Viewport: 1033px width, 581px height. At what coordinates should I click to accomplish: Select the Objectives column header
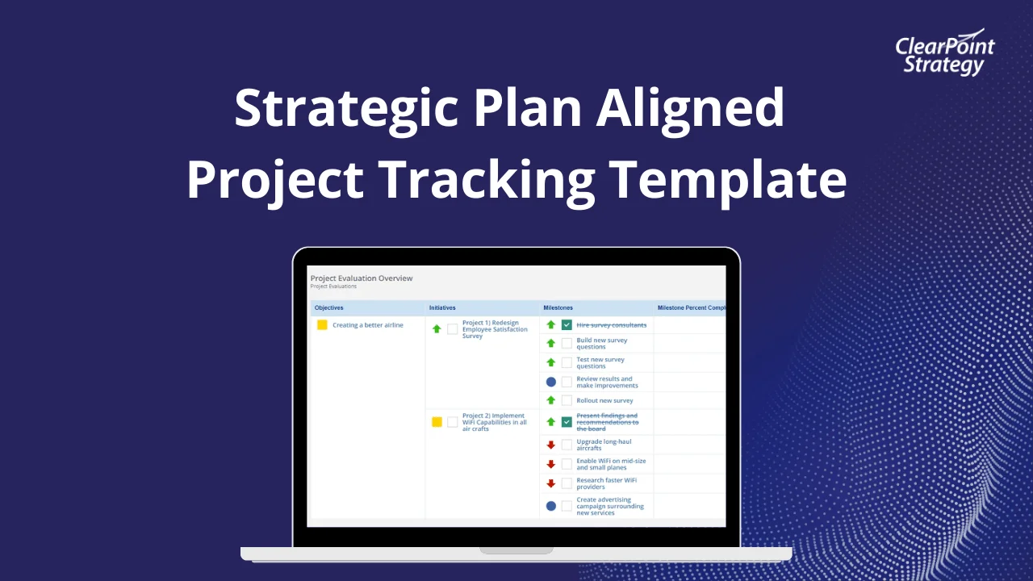(329, 307)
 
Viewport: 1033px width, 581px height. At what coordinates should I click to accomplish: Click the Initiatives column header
(442, 307)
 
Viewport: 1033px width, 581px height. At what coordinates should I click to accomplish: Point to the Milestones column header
(558, 307)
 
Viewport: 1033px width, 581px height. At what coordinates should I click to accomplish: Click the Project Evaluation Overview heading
(362, 278)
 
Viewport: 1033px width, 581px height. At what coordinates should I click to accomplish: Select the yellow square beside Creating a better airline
(322, 325)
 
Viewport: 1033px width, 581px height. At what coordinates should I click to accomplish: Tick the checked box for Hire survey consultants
(567, 325)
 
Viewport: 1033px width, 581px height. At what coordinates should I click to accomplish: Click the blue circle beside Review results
(551, 382)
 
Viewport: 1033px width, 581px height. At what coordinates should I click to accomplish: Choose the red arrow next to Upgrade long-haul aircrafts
(551, 445)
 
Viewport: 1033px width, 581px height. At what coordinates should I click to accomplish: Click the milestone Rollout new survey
(604, 400)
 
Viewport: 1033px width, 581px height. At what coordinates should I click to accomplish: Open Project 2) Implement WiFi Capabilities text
(494, 422)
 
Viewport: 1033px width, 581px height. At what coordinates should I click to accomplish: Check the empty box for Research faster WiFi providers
(567, 483)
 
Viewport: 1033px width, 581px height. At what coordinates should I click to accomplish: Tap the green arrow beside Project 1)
(437, 329)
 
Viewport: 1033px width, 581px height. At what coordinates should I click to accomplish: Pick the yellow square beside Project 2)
(437, 422)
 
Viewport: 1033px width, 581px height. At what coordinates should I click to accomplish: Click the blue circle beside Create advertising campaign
(551, 506)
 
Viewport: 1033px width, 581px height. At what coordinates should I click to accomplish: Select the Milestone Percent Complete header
(691, 307)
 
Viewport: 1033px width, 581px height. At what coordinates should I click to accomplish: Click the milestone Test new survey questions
(600, 363)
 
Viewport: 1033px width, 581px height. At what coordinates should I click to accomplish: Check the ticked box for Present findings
(567, 422)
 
